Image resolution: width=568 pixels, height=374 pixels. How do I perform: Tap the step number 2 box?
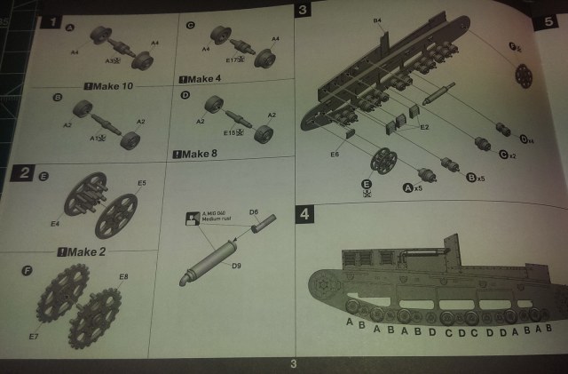click(21, 173)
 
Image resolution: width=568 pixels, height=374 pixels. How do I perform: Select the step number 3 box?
click(303, 11)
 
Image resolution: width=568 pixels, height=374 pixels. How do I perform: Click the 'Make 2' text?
click(87, 252)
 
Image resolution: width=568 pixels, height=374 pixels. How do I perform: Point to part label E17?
click(233, 60)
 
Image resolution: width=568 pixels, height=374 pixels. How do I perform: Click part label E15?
click(233, 132)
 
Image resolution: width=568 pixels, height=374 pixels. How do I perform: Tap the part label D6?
click(254, 212)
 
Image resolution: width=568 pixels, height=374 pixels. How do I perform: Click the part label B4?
click(377, 20)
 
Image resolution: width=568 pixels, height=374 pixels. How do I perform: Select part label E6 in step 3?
click(335, 155)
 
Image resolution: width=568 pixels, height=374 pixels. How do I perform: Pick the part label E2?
click(424, 127)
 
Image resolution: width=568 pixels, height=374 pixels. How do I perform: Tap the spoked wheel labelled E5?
click(116, 215)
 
